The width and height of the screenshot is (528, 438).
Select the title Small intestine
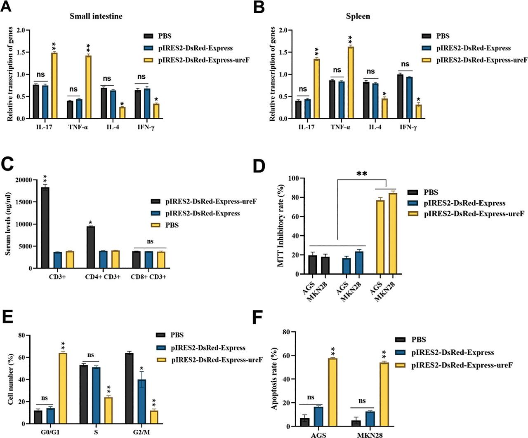[x=96, y=16]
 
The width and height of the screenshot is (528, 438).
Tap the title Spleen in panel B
[x=358, y=16]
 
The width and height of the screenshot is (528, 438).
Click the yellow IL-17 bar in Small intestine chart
[x=54, y=86]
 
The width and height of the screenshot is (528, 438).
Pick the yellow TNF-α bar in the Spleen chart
[x=351, y=82]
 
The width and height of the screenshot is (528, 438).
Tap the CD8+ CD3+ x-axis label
[x=148, y=277]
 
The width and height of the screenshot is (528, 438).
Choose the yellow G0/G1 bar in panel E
[x=63, y=388]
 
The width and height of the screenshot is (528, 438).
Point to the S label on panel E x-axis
[x=96, y=433]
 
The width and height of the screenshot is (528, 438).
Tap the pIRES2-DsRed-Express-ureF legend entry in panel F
[x=462, y=365]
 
